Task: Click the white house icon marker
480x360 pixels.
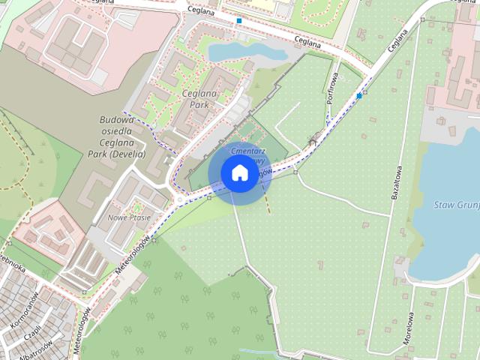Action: (239, 173)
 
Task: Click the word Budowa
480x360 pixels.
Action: (116, 119)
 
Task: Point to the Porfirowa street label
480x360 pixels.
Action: (332, 86)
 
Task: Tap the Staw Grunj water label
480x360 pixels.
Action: (456, 204)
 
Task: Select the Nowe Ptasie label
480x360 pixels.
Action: (130, 217)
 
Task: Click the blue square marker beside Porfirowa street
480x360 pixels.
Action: (360, 96)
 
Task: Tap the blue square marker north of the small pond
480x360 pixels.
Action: (239, 21)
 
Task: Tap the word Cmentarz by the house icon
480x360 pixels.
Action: (251, 151)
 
